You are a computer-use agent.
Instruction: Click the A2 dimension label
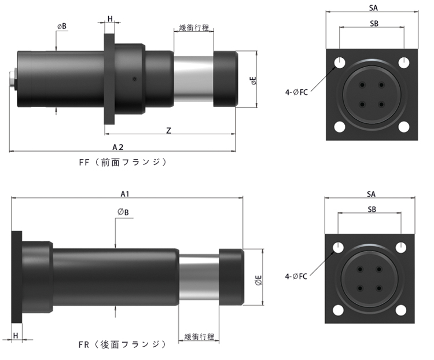click(x=118, y=148)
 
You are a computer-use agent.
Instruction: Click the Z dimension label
click(x=168, y=130)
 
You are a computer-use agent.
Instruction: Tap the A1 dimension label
click(x=125, y=194)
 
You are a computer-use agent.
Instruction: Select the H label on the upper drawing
click(x=110, y=19)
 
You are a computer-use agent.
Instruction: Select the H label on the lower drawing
click(x=16, y=335)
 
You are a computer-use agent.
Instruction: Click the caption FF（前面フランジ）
click(x=123, y=162)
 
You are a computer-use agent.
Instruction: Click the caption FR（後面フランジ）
click(x=123, y=344)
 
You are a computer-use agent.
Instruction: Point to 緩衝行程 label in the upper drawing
click(x=194, y=28)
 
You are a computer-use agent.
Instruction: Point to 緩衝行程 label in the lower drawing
click(x=199, y=336)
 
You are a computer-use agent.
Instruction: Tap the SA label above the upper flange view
click(x=373, y=8)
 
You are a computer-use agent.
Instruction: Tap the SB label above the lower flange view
click(x=372, y=209)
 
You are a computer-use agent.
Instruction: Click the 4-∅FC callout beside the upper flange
click(x=296, y=92)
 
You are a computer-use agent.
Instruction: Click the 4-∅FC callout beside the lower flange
click(x=296, y=276)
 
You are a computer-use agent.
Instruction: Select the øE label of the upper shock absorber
click(x=253, y=80)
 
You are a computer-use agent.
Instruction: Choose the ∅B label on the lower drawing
click(x=123, y=212)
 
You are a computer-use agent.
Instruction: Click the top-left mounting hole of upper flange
click(x=340, y=63)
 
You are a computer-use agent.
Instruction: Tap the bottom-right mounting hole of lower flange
click(x=401, y=310)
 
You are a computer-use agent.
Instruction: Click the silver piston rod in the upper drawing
click(x=193, y=79)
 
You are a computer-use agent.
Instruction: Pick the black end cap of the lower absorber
click(x=231, y=277)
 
